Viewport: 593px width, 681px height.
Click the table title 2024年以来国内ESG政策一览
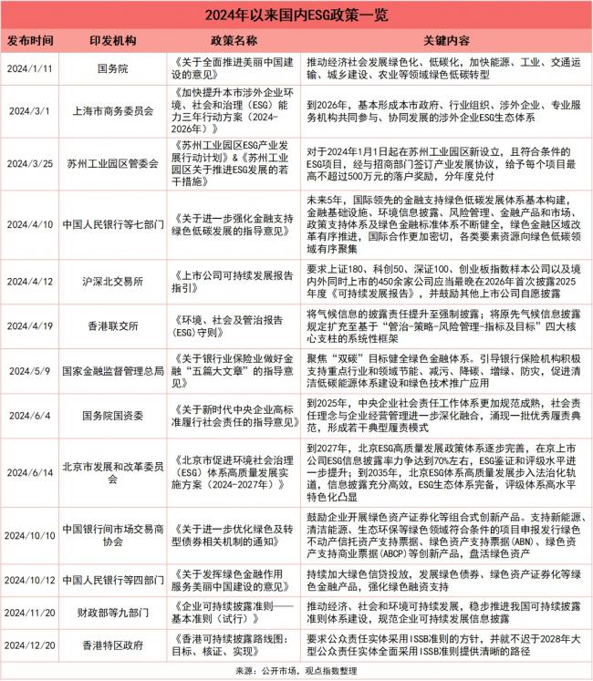pyautogui.click(x=296, y=15)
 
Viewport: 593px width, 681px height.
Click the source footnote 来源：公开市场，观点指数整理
pyautogui.click(x=296, y=670)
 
